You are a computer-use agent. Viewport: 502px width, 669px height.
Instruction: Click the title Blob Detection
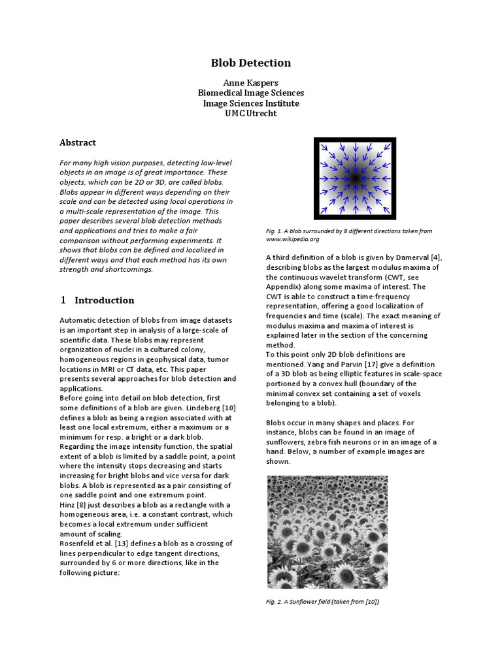pyautogui.click(x=250, y=63)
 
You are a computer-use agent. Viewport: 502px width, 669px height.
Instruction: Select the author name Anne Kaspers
pyautogui.click(x=250, y=83)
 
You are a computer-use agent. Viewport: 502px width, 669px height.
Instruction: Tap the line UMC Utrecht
pyautogui.click(x=250, y=113)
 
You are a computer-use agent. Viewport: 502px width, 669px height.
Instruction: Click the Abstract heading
pyautogui.click(x=78, y=142)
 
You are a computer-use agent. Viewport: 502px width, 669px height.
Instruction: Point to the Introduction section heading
pyautogui.click(x=105, y=301)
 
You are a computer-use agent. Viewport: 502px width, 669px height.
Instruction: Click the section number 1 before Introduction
pyautogui.click(x=63, y=301)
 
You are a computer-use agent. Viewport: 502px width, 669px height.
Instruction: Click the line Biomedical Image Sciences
pyautogui.click(x=250, y=93)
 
